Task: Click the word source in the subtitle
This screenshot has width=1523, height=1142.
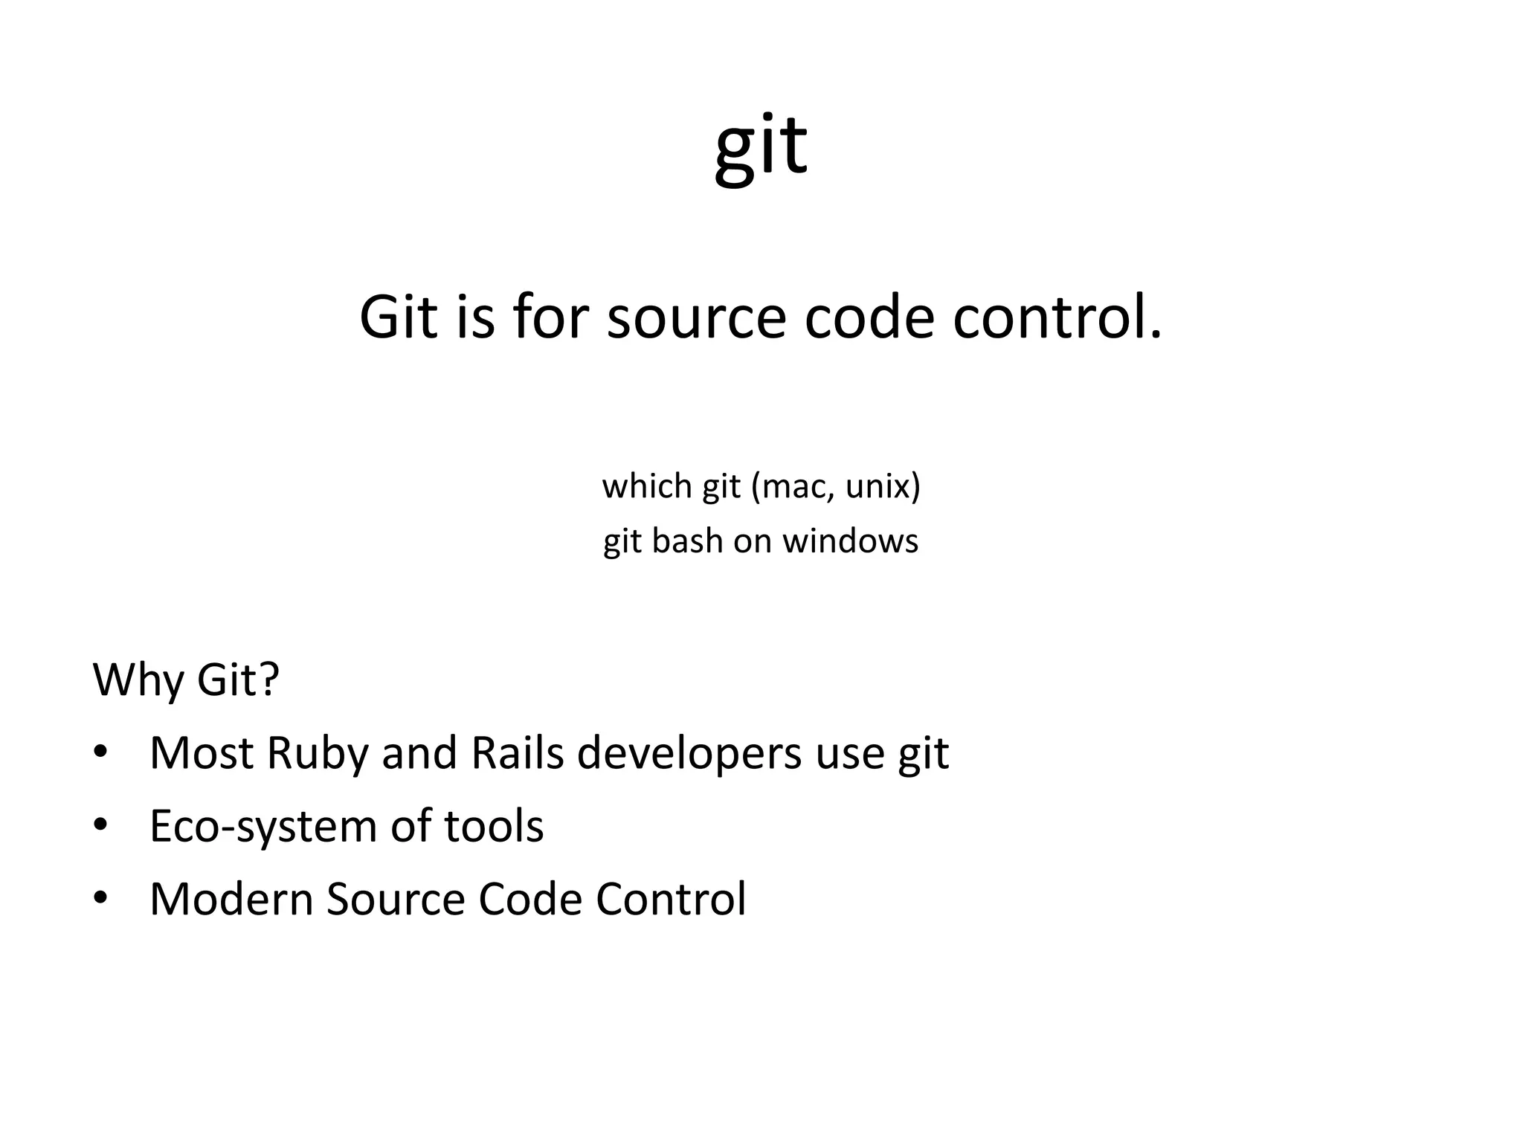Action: point(696,318)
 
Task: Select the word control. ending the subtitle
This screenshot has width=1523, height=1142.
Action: point(1057,318)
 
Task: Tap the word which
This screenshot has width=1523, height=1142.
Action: point(647,487)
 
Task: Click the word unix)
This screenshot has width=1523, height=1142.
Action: point(883,487)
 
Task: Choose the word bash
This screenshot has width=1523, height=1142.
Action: point(687,541)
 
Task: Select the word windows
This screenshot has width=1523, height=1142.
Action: point(850,541)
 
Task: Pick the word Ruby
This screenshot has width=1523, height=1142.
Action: point(317,754)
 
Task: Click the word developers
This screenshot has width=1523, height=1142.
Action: point(689,754)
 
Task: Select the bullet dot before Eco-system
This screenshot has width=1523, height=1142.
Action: point(101,825)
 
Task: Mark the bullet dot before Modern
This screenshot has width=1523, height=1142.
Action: point(101,897)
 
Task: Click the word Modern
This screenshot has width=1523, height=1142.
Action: point(231,899)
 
